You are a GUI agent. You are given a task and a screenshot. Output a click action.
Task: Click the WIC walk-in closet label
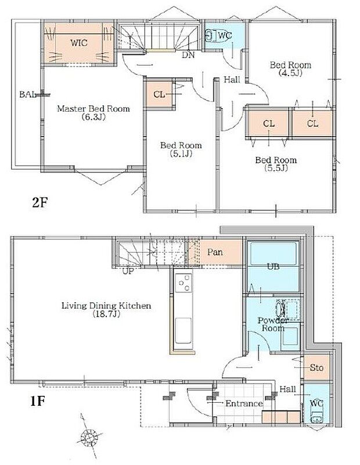click(x=80, y=42)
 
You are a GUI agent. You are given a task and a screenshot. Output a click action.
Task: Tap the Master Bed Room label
click(x=93, y=109)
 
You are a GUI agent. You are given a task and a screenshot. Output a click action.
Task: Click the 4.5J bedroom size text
click(x=290, y=74)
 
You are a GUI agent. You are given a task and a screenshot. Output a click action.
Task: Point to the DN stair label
click(x=188, y=56)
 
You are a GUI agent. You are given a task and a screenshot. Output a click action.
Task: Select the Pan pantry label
click(x=215, y=252)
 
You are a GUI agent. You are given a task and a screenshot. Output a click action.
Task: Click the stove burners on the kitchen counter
click(x=184, y=284)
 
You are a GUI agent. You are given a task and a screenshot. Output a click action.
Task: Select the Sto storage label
click(x=316, y=367)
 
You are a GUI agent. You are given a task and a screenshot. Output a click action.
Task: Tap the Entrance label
click(x=244, y=403)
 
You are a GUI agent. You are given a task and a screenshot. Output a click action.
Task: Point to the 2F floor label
click(x=40, y=203)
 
